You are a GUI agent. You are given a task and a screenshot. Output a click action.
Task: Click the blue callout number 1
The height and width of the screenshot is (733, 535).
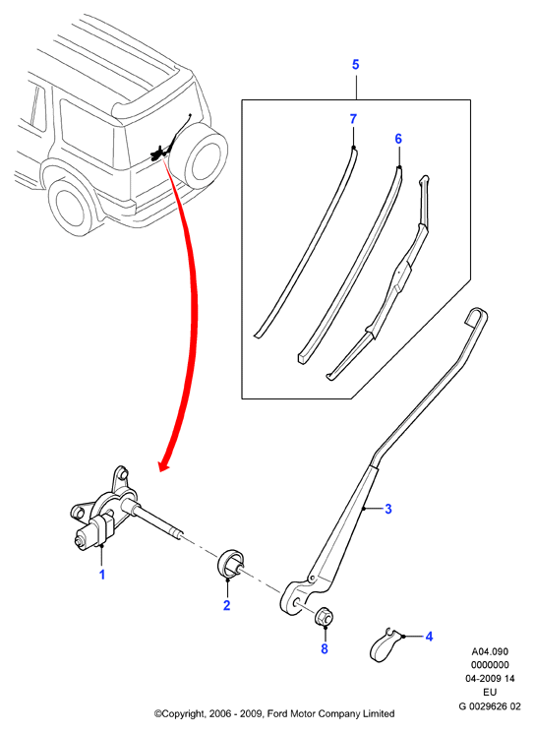click(102, 575)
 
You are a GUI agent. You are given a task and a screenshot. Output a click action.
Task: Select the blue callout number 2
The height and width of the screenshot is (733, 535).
click(226, 605)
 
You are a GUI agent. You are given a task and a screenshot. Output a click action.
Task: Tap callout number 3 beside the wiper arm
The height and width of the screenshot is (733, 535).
click(387, 509)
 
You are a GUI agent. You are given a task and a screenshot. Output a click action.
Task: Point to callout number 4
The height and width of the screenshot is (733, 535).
click(429, 637)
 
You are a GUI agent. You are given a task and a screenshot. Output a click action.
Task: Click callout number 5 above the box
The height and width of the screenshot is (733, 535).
click(356, 65)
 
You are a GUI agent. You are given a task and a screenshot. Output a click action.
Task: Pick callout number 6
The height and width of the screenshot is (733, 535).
click(398, 139)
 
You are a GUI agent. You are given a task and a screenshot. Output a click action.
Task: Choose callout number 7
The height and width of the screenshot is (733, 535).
click(353, 119)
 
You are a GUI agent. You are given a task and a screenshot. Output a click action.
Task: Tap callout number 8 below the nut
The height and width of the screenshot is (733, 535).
click(325, 648)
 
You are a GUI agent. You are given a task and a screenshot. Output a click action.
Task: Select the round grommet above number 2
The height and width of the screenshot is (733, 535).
click(230, 564)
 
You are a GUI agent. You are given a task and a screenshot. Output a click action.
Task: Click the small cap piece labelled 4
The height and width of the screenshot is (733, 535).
click(386, 644)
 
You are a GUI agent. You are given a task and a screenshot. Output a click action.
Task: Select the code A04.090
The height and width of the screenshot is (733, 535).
click(490, 651)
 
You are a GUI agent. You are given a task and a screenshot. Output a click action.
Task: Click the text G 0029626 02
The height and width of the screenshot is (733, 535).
click(489, 706)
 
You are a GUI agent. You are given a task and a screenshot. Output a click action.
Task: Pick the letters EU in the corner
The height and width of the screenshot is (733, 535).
click(490, 693)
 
